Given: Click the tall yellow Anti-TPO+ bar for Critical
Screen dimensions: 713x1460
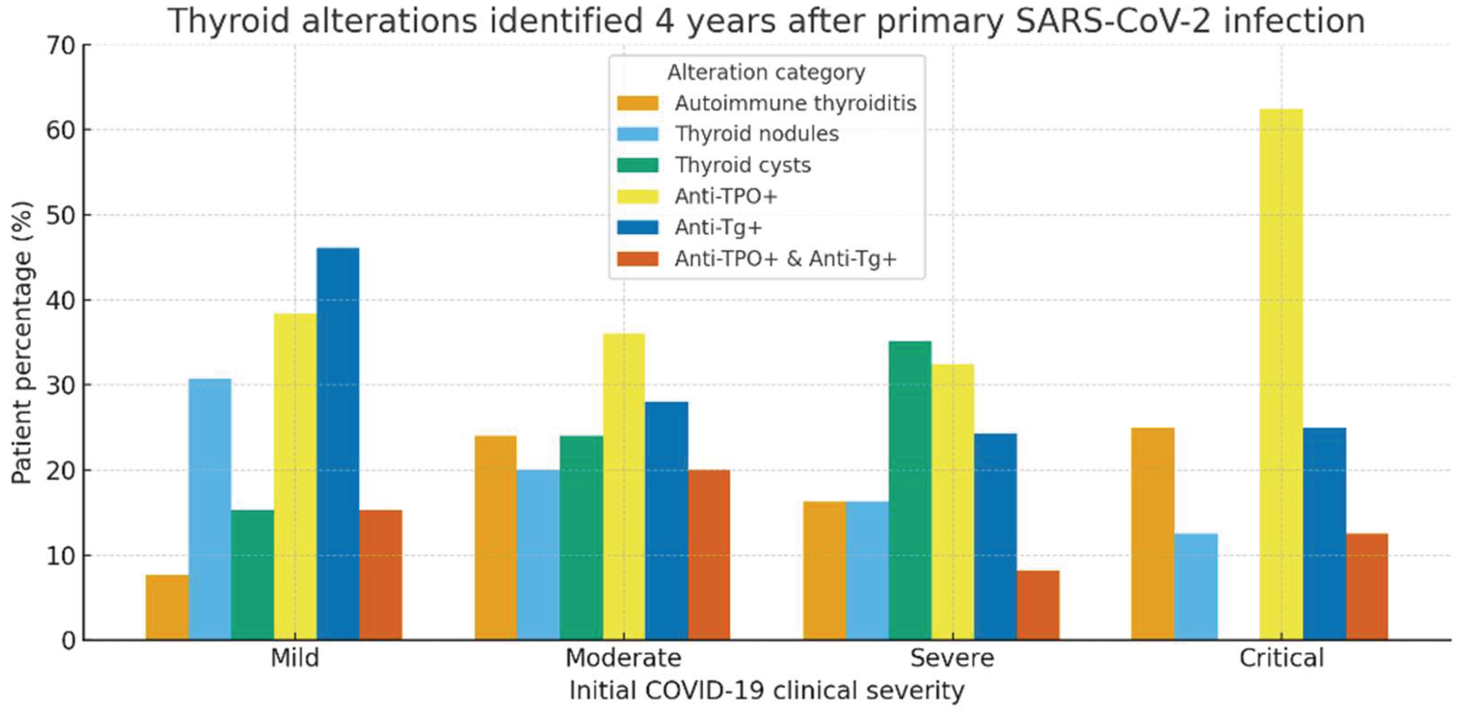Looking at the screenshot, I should click(x=1281, y=375).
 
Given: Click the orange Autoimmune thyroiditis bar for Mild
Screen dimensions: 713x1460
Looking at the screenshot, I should click(x=167, y=607).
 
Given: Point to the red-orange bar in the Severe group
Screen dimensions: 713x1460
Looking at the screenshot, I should click(x=1038, y=605).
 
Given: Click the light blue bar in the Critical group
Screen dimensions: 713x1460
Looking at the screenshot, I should click(x=1196, y=587).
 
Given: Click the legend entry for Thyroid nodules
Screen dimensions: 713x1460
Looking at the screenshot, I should click(x=757, y=134).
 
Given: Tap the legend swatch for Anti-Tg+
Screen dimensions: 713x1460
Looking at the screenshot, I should click(x=638, y=227).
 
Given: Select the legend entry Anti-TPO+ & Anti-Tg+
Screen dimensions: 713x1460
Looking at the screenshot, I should click(x=785, y=259).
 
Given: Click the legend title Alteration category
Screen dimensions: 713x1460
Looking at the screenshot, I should click(x=766, y=72).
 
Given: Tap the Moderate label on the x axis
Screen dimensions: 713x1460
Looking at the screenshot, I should click(x=623, y=658).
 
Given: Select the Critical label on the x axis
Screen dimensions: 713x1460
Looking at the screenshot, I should click(x=1281, y=658).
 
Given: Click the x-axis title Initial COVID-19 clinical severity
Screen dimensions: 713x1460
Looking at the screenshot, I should click(x=766, y=691).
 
